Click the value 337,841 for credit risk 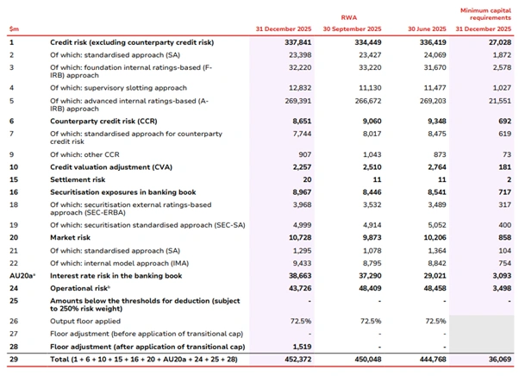294,41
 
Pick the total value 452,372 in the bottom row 294,358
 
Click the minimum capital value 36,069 494,358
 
